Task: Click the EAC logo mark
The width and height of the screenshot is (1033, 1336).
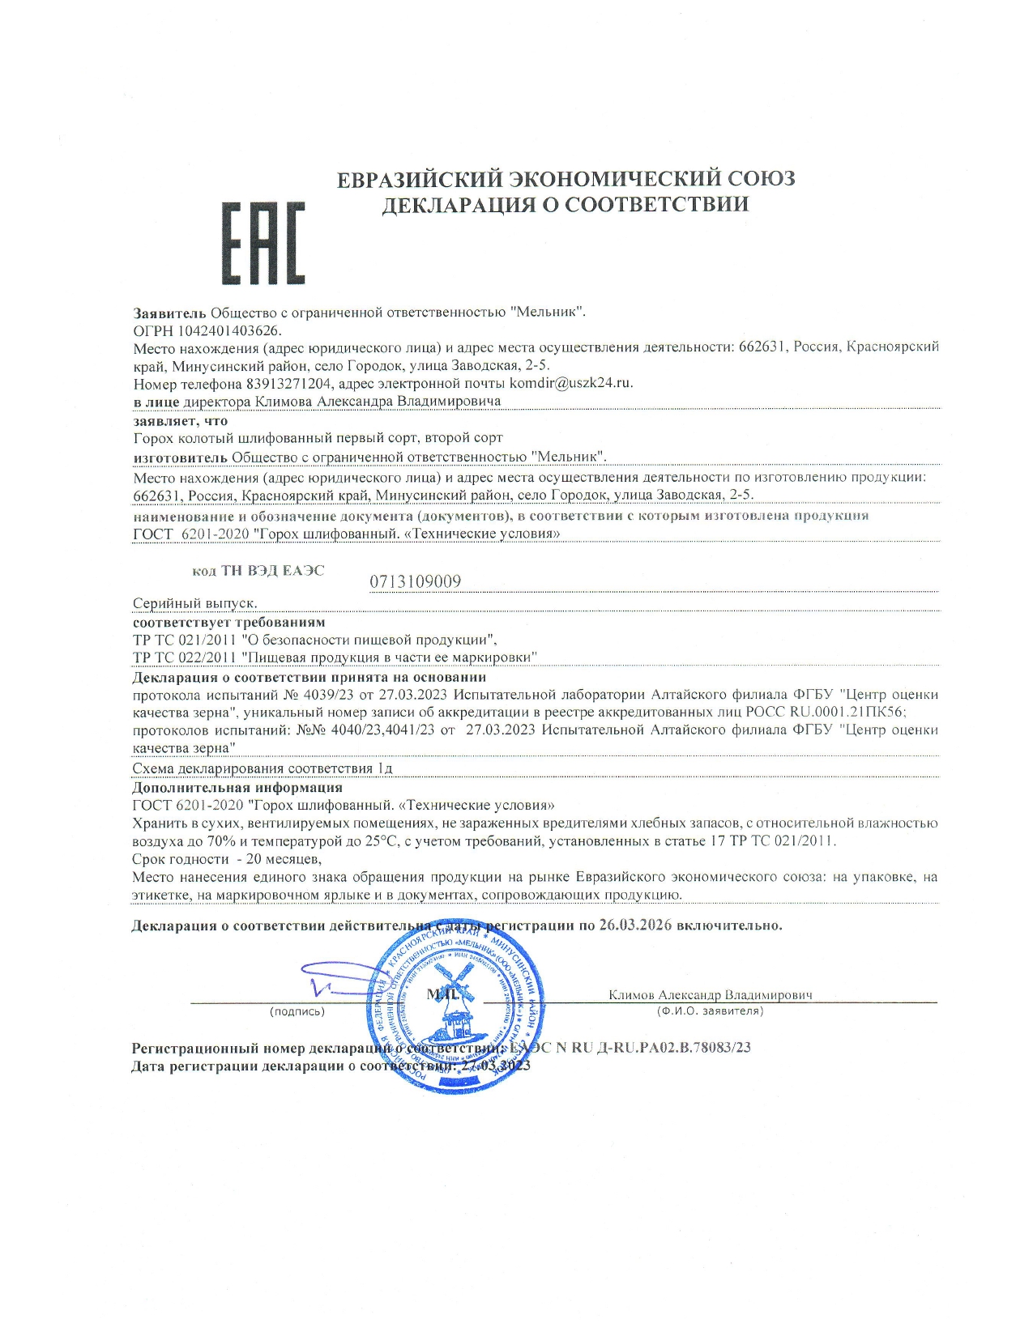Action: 263,243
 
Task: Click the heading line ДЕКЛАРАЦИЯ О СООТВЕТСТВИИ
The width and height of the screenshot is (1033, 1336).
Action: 565,204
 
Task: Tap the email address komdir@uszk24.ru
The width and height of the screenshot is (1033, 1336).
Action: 570,383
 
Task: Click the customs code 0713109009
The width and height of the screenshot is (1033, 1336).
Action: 416,581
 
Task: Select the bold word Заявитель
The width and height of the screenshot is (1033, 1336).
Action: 170,312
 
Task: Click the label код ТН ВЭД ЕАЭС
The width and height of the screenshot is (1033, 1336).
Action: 258,571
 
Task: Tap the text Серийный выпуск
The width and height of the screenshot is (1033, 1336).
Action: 194,603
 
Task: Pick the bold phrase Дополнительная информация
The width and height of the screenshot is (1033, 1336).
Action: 237,787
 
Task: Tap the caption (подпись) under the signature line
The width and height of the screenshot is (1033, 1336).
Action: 297,1011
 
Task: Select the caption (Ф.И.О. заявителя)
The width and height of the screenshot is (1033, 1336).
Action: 710,1011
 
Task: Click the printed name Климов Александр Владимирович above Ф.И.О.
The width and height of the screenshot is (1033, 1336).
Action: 710,995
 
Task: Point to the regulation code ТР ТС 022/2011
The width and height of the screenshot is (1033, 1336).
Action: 184,657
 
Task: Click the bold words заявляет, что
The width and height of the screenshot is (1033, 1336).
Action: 181,421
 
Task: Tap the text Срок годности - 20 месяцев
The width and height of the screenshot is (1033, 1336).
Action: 227,858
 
